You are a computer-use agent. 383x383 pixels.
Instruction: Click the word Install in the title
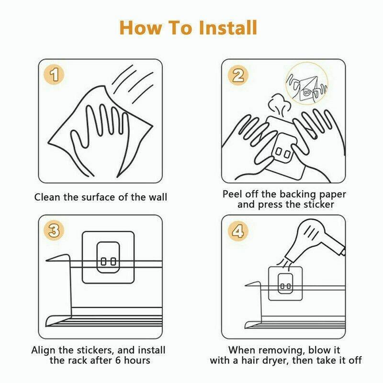point(228,28)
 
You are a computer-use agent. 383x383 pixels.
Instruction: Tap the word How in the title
point(141,28)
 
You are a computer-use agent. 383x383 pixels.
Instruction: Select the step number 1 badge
point(54,75)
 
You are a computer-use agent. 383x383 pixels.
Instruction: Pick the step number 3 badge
point(54,231)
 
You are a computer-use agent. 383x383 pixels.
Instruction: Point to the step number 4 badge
point(237,231)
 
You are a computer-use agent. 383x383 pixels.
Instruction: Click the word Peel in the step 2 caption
point(232,194)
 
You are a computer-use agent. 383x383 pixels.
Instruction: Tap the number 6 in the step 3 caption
point(118,360)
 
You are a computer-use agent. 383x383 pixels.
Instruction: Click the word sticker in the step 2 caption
point(318,204)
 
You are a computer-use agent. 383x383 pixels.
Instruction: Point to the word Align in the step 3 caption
point(44,350)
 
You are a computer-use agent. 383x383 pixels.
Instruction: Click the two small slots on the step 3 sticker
point(109,261)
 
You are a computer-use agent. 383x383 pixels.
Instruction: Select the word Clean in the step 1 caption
point(47,197)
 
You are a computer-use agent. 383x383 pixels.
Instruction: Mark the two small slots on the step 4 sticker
point(285,286)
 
